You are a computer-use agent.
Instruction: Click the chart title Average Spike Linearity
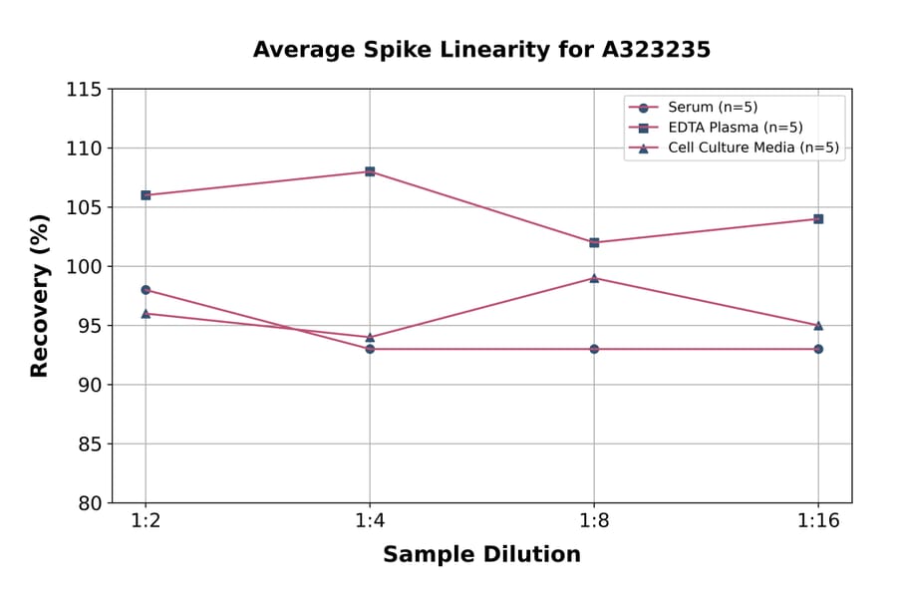(481, 50)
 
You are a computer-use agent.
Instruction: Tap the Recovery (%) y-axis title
(40, 295)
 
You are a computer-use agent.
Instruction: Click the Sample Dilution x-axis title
(481, 555)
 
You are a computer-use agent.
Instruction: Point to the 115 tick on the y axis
(84, 90)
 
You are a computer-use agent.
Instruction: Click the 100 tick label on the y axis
(84, 267)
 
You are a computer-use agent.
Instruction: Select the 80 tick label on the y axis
(90, 503)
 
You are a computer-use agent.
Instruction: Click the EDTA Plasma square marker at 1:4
(370, 171)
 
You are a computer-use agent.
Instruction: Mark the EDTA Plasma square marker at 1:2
(146, 195)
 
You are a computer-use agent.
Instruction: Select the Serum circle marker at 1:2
(146, 290)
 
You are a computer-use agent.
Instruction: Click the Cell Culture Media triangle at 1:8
(594, 278)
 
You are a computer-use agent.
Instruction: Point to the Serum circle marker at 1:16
(818, 349)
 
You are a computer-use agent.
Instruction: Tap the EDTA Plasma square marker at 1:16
(818, 218)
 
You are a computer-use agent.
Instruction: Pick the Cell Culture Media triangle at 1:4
(370, 337)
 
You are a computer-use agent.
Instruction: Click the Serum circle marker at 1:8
(594, 349)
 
